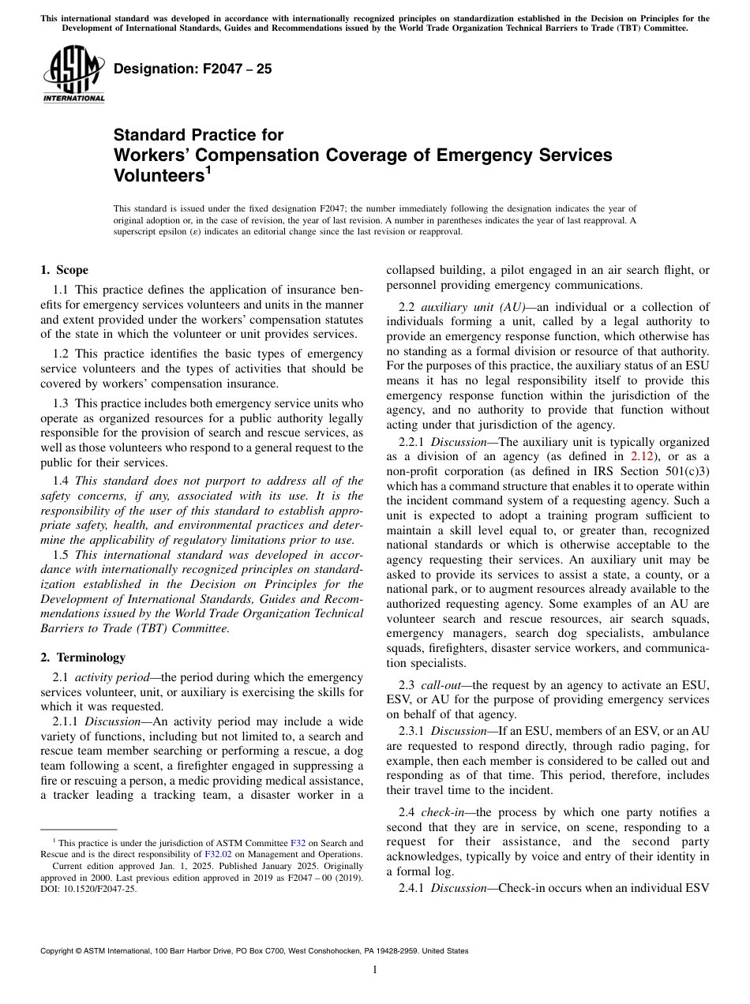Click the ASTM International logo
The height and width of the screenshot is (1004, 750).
73,75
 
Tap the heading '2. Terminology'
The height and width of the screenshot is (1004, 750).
83,657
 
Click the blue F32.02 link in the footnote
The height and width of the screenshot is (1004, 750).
218,854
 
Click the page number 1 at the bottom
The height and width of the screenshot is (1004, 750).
375,969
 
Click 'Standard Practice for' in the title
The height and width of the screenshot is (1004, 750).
198,135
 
